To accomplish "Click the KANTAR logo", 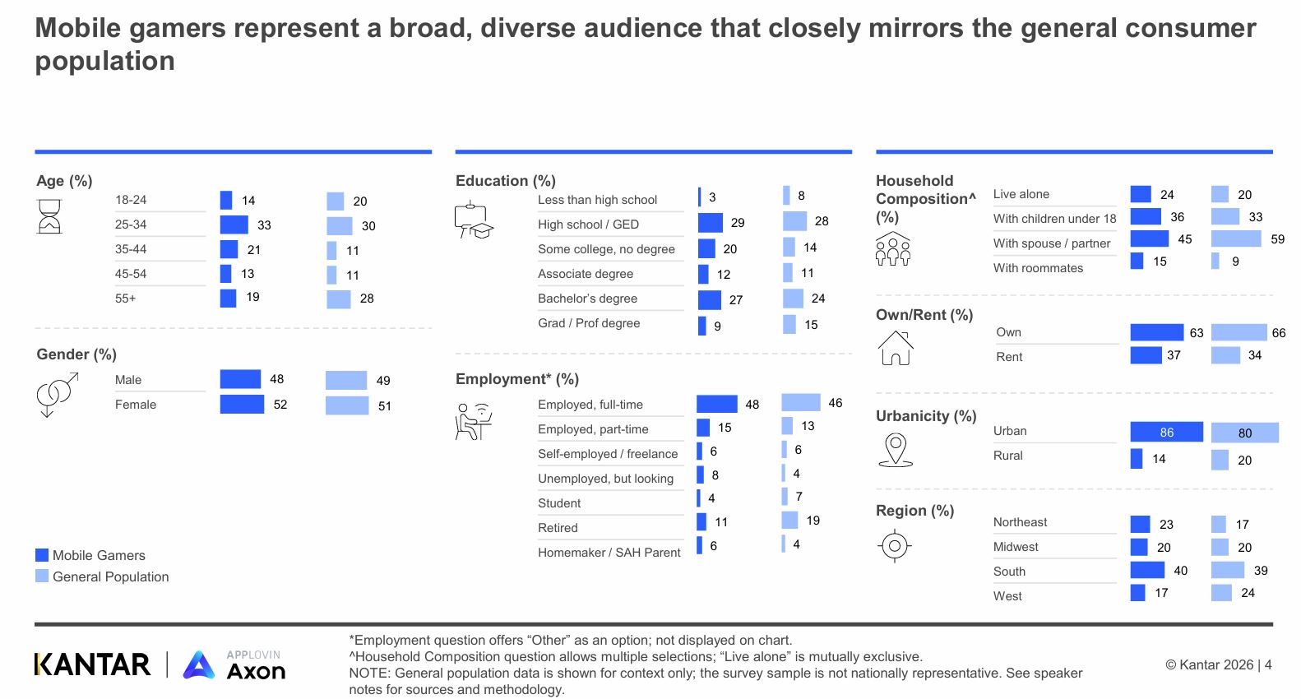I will (x=92, y=664).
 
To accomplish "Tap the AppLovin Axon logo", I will (x=234, y=665).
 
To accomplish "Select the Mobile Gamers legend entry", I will (x=90, y=555).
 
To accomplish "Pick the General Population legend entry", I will (x=102, y=576).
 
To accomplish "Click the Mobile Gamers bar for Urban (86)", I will (x=1166, y=432).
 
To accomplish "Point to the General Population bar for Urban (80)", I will (x=1244, y=433).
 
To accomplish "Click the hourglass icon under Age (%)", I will (x=49, y=216).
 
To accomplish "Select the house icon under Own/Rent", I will (x=896, y=348).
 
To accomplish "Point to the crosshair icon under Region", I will (x=895, y=545).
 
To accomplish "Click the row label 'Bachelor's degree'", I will (x=587, y=299).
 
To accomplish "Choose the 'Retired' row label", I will (x=558, y=528).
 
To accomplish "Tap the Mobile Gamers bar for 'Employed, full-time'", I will (x=716, y=404).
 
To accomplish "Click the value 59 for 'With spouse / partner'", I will (x=1277, y=239).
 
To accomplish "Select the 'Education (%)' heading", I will (x=505, y=181).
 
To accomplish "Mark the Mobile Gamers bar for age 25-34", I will (x=234, y=225).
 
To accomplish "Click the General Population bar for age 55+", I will (x=339, y=299).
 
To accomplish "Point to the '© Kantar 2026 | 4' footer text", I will (x=1218, y=664).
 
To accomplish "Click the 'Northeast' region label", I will (x=1020, y=522).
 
